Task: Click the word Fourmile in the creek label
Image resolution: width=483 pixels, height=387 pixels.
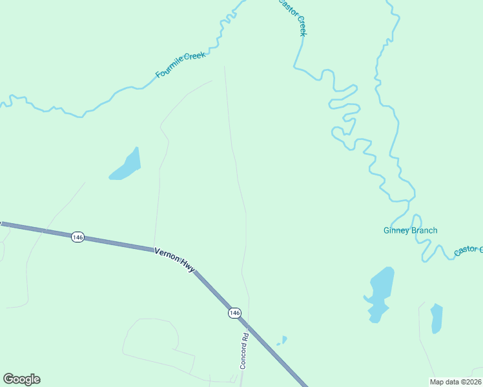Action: (x=169, y=68)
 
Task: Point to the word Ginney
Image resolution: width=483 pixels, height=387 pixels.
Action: (x=396, y=230)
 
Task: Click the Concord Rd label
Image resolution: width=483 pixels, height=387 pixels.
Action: (x=245, y=350)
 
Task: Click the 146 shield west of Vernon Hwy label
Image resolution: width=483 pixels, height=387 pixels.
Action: (x=77, y=237)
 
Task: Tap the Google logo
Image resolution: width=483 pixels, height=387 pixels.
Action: (x=21, y=379)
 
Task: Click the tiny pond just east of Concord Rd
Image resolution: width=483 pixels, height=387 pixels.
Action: (x=282, y=340)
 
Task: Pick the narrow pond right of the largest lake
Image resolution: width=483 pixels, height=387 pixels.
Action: (x=437, y=317)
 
